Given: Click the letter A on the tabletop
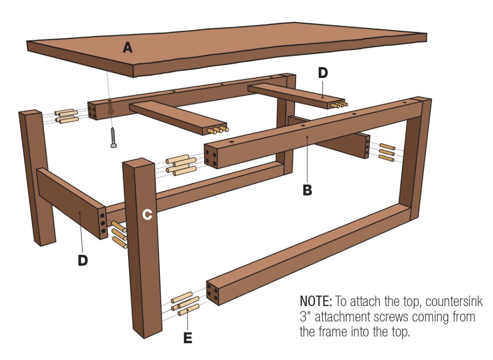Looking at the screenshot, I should [x=128, y=48].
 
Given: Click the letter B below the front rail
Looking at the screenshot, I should [x=307, y=189].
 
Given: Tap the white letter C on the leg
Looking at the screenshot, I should [x=147, y=215].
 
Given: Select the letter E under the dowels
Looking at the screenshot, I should [x=188, y=338].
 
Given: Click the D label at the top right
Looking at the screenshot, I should [x=323, y=73].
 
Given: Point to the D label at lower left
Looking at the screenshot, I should [x=83, y=260].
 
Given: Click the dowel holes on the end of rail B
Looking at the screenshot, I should [x=210, y=156].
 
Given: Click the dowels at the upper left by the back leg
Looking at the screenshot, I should [x=65, y=116].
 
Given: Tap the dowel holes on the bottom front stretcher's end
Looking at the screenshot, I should [x=213, y=293].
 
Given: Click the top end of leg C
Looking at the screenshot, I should [x=139, y=162].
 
